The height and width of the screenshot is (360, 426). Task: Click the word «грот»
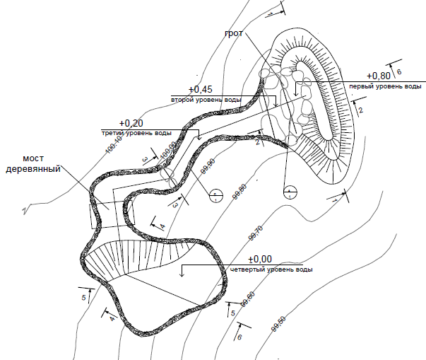click(234, 33)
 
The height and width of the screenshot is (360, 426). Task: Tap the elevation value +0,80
click(379, 76)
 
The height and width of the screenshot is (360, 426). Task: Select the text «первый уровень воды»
click(385, 86)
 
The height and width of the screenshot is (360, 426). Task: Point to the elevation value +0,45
click(201, 90)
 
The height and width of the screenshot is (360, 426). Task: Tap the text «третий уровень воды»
click(136, 133)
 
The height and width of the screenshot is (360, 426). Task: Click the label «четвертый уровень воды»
click(272, 270)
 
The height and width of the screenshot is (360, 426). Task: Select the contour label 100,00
click(167, 150)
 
